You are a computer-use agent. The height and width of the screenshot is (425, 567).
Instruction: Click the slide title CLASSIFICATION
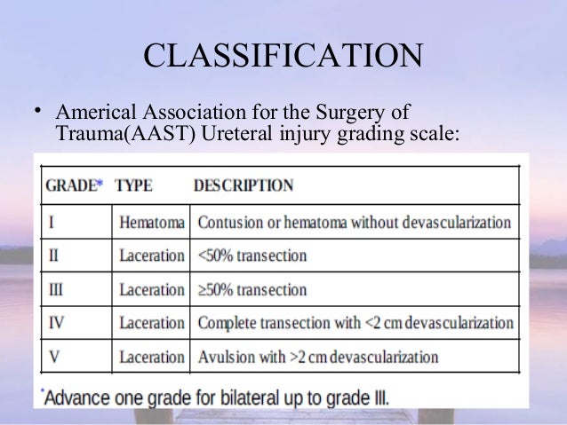click(x=283, y=59)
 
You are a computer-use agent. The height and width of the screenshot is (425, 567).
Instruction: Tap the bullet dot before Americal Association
click(x=37, y=111)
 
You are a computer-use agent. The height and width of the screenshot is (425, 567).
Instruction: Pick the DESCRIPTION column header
click(x=243, y=186)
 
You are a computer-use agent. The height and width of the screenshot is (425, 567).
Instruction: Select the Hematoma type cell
click(x=151, y=222)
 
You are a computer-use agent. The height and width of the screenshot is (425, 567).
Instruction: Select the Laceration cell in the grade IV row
click(x=151, y=323)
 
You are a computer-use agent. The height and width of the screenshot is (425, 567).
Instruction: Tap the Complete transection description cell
click(x=355, y=323)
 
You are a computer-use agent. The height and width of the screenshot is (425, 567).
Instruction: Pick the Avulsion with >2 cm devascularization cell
click(x=317, y=358)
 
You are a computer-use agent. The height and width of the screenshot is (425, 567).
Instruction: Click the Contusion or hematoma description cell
click(x=354, y=222)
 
